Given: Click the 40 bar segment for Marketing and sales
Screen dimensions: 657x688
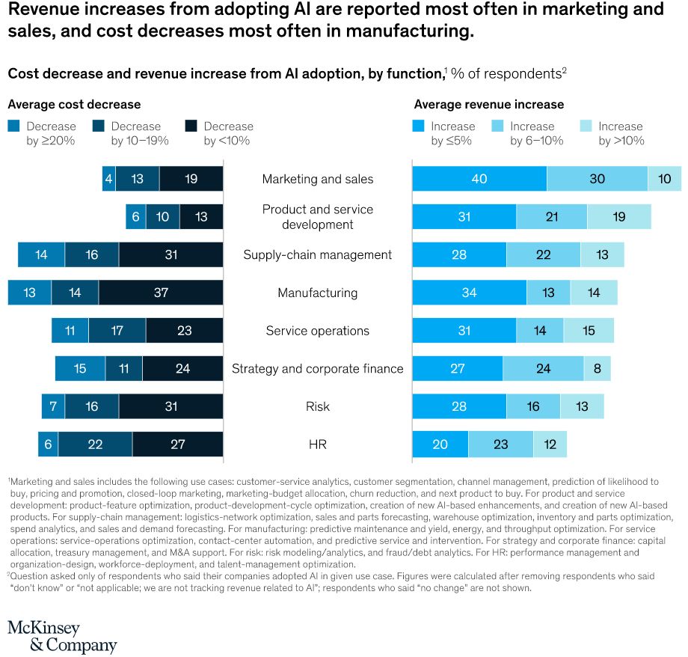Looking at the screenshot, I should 479,179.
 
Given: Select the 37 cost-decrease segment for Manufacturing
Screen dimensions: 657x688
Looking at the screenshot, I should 161,293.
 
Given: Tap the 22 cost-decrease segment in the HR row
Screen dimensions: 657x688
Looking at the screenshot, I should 95,444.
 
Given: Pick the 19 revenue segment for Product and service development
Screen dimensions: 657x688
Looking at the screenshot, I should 618,216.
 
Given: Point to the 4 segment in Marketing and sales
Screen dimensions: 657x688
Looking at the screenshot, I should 109,179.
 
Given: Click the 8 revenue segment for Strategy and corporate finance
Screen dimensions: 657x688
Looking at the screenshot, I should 597,368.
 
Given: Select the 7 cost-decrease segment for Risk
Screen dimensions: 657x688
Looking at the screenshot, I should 53,406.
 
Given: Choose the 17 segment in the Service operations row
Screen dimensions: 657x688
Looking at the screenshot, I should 117,331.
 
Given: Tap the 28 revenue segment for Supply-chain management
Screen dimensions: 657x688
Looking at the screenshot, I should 459,254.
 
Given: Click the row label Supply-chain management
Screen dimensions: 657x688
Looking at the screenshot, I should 318,254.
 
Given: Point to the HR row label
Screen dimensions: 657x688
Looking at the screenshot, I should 318,444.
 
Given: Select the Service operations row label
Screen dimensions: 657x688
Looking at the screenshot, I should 318,331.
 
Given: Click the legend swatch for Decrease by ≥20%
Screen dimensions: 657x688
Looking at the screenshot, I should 13,126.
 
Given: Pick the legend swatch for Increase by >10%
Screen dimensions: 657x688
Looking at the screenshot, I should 586,126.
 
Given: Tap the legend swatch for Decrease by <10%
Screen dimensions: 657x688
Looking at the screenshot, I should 191,126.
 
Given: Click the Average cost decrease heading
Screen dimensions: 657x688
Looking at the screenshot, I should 74,105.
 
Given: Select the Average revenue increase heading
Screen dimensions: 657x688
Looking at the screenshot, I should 489,105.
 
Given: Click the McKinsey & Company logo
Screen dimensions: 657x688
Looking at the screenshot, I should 62,635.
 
